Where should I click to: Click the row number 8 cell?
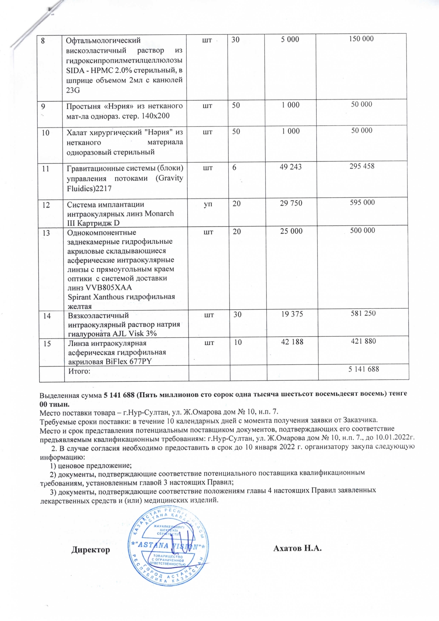click(42, 40)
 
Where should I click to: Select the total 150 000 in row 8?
click(361, 39)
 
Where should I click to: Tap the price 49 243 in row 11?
click(291, 167)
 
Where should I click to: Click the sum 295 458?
click(362, 166)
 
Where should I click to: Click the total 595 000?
click(362, 202)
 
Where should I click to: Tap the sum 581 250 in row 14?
click(363, 313)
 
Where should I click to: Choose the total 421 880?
click(363, 341)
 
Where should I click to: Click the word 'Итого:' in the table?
click(79, 371)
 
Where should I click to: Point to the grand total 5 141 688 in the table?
click(364, 369)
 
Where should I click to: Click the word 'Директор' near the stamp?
click(91, 550)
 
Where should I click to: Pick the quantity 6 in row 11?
click(234, 167)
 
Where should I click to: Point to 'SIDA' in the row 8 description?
click(74, 71)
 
